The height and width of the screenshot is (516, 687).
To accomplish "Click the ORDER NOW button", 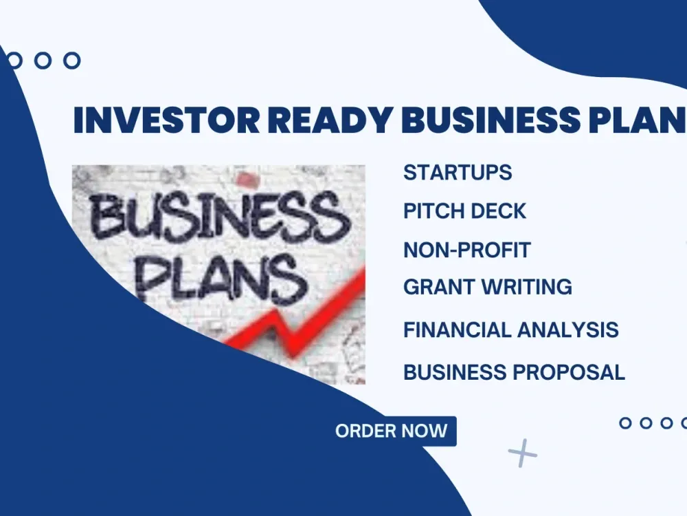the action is [392, 431].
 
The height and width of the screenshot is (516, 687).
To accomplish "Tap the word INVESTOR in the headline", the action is [166, 119].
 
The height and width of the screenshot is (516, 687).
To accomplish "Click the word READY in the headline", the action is [330, 119].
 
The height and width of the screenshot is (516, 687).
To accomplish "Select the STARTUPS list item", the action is [458, 173].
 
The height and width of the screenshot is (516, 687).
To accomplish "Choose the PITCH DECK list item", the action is [464, 211].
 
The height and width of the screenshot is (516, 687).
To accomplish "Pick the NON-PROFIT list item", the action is [467, 250].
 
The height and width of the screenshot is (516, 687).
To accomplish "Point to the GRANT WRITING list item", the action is [488, 287].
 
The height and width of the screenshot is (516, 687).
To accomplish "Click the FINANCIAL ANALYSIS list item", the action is [511, 330].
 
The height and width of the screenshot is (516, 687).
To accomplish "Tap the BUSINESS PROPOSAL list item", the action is [514, 372].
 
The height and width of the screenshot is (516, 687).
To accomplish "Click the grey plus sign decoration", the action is [522, 453].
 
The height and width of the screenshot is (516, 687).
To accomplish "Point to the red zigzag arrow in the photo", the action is [298, 316].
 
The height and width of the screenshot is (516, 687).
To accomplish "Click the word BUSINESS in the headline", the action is [491, 119].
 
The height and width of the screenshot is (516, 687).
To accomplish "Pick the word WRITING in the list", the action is [527, 287].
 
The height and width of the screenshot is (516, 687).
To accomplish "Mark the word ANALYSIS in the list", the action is [568, 330].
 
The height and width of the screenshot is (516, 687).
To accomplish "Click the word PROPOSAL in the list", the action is [569, 372].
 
